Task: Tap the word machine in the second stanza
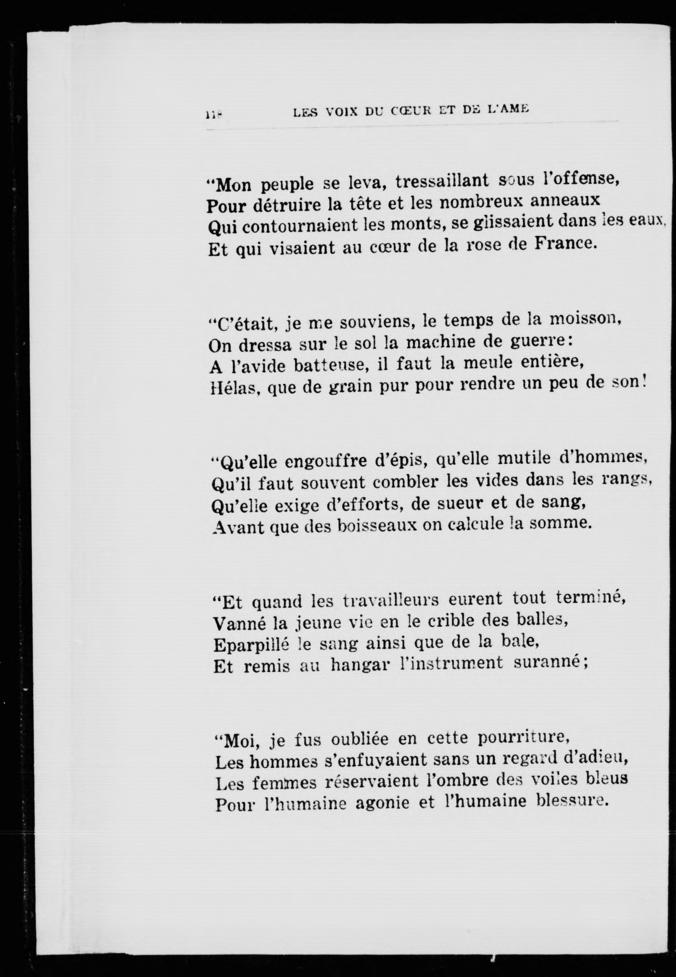point(441,342)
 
